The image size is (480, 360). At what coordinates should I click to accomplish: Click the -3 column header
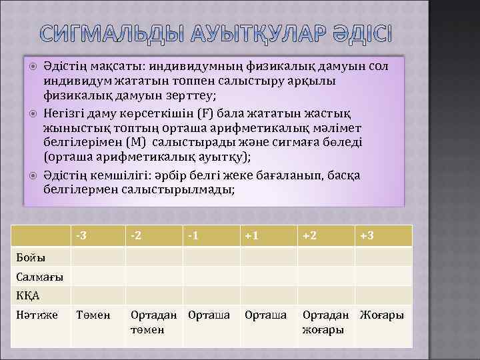tap(81, 235)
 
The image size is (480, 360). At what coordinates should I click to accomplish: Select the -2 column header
tap(136, 235)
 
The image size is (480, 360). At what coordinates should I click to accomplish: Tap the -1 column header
tap(193, 235)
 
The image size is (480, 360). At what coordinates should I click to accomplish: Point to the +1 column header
tap(252, 235)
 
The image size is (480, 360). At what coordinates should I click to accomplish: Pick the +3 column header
tap(367, 235)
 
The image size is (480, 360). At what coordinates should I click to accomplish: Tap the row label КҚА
tap(28, 295)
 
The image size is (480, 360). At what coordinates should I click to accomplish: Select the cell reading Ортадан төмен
tap(153, 322)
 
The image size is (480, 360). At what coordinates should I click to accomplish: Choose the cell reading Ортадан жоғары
tap(325, 322)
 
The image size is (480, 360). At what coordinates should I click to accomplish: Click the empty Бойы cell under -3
tap(98, 257)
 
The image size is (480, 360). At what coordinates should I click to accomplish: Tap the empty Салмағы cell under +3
tap(383, 277)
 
